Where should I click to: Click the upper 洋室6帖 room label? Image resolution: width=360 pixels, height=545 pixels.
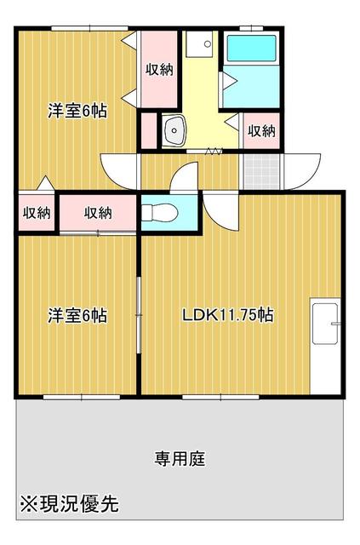tap(77, 111)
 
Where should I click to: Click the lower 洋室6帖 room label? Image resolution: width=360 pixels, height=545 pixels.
tap(77, 316)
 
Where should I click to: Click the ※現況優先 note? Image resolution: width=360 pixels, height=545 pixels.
tap(70, 504)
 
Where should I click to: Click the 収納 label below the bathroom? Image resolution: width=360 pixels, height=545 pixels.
tap(261, 131)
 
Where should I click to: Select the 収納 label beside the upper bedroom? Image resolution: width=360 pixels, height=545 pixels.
tap(159, 70)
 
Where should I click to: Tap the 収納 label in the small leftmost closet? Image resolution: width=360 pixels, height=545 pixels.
tap(36, 213)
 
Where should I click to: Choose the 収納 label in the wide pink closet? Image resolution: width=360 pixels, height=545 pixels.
tap(98, 213)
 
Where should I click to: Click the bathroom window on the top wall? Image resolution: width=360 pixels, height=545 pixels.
tap(251, 29)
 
